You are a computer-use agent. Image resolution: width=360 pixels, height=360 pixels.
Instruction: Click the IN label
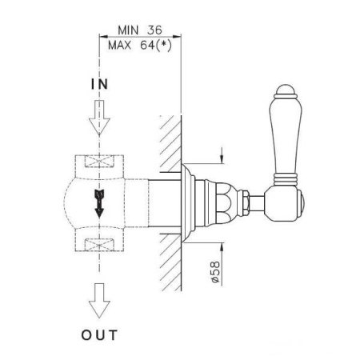click(99, 84)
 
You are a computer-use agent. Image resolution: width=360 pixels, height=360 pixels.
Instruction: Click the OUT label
click(99, 335)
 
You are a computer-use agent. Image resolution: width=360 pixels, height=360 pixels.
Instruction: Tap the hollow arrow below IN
click(99, 118)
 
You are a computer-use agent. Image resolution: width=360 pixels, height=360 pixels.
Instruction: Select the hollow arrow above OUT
click(99, 301)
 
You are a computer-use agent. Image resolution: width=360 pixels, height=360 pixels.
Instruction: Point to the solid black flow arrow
click(99, 203)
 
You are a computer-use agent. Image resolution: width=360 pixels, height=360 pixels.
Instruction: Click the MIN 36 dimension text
click(140, 30)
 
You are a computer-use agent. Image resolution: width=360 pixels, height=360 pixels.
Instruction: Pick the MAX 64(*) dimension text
click(140, 45)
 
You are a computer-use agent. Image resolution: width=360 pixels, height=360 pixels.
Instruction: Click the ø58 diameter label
click(215, 272)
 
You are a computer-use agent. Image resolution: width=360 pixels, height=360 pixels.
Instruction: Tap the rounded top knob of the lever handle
click(286, 90)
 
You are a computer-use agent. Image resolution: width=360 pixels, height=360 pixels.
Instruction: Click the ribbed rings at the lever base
click(286, 180)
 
